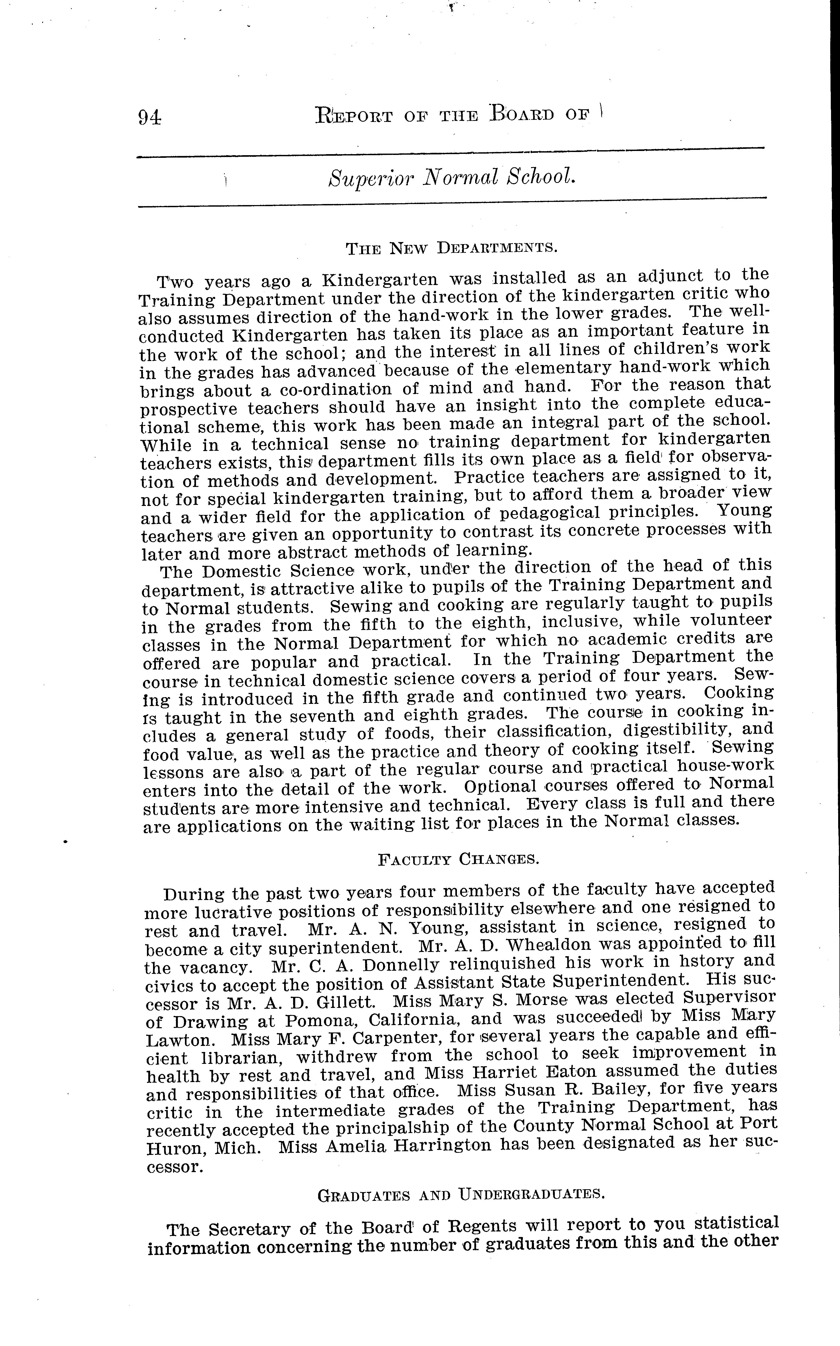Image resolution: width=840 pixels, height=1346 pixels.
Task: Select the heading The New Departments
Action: (x=452, y=247)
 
